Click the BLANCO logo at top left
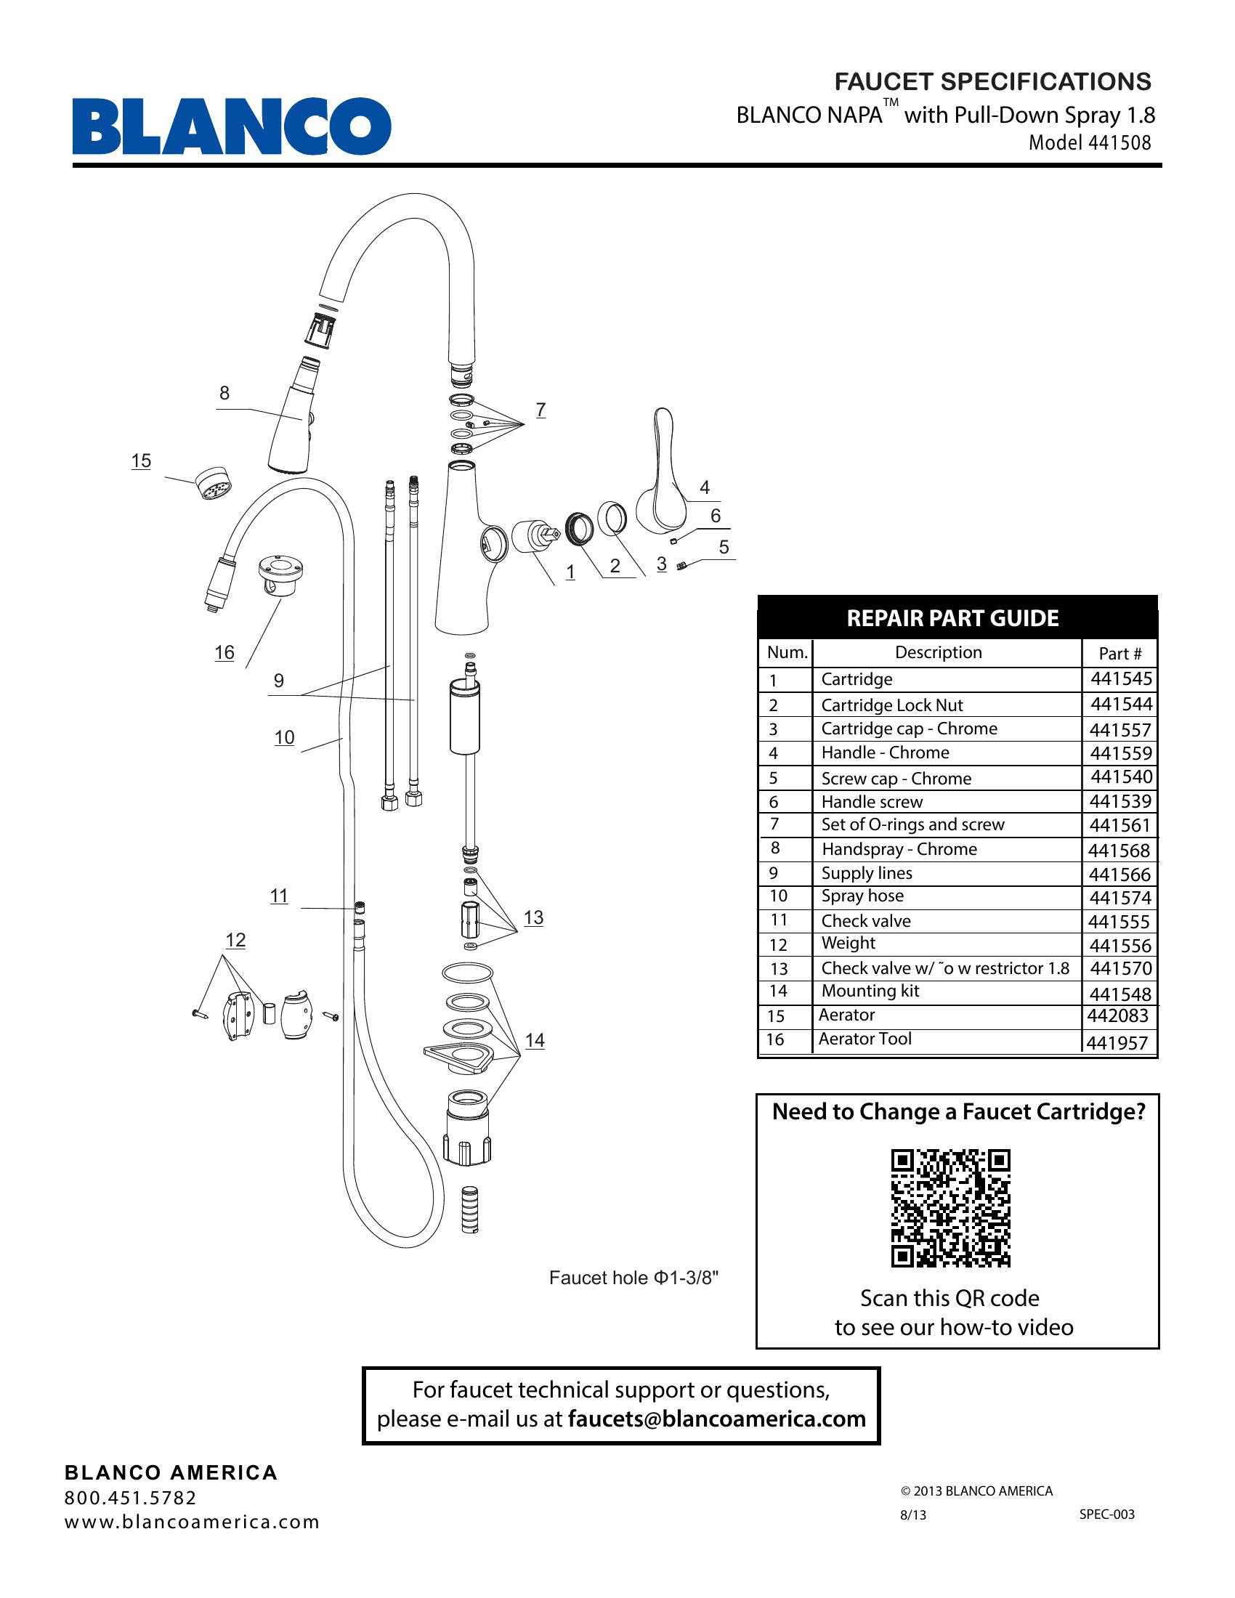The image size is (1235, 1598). tap(231, 126)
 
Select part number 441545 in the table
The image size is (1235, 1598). tap(1121, 679)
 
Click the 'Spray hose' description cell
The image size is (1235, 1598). tap(862, 896)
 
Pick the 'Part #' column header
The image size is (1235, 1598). tap(1119, 654)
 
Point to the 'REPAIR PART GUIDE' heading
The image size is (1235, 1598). tap(952, 618)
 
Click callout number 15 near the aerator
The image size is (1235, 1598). tap(141, 461)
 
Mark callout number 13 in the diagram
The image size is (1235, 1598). tap(533, 917)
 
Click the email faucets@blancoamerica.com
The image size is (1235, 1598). tap(716, 1419)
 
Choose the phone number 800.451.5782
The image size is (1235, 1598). tap(130, 1498)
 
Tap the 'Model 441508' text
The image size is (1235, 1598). tap(1090, 142)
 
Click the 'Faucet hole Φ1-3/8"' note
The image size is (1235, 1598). tap(633, 1278)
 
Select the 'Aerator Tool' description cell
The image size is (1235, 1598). tap(864, 1039)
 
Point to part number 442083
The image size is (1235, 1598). tap(1117, 1015)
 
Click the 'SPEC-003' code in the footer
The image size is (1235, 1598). tap(1106, 1514)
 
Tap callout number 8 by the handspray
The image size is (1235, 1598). tap(224, 393)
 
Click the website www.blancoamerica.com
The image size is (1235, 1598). tap(193, 1522)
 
